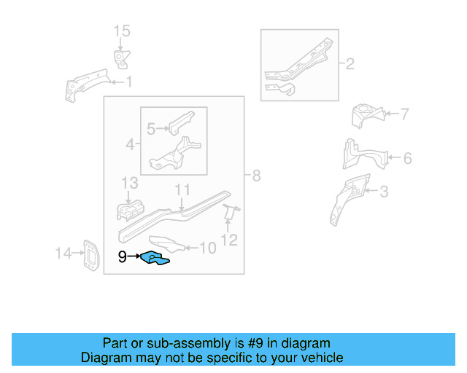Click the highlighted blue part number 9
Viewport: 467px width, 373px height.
pyautogui.click(x=155, y=257)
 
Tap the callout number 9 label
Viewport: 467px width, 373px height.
pyautogui.click(x=123, y=256)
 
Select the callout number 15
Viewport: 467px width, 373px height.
pyautogui.click(x=121, y=31)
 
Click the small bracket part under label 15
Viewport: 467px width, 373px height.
pyautogui.click(x=119, y=59)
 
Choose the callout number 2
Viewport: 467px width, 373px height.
pyautogui.click(x=349, y=64)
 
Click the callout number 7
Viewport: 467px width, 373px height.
pyautogui.click(x=404, y=114)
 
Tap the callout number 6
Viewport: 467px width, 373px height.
pyautogui.click(x=407, y=158)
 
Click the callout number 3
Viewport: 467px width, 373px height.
pyautogui.click(x=384, y=192)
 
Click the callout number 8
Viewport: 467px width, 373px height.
pyautogui.click(x=255, y=176)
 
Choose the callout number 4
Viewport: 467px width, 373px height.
pyautogui.click(x=130, y=145)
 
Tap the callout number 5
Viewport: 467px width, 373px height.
pyautogui.click(x=152, y=129)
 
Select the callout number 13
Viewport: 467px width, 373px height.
pyautogui.click(x=129, y=181)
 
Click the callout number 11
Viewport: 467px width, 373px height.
pyautogui.click(x=182, y=189)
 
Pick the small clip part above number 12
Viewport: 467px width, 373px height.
pyautogui.click(x=230, y=213)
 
